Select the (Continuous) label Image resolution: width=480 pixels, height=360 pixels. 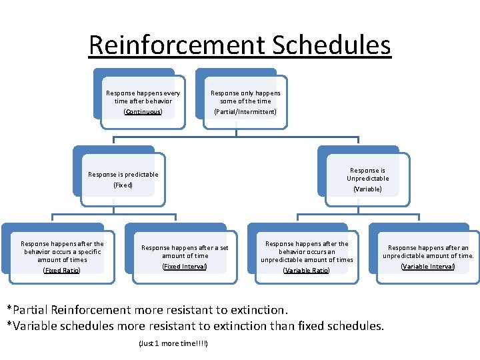tap(143, 111)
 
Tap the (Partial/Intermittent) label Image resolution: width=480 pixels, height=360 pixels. tap(245, 111)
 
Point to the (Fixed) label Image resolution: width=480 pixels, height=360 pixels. tap(123, 185)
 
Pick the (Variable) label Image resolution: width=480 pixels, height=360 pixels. tap(367, 189)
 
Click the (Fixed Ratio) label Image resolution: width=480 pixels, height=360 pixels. tap(61, 270)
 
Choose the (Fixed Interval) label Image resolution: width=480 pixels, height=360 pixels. tap(185, 266)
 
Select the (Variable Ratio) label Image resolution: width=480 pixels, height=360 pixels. tap(307, 270)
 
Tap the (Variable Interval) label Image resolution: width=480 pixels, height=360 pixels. tap(427, 266)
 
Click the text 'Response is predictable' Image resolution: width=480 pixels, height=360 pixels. tap(123, 174)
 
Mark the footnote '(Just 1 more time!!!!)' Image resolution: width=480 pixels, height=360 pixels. tap(173, 343)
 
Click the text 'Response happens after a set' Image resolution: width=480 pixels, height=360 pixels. tap(185, 247)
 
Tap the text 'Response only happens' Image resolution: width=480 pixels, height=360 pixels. tap(245, 93)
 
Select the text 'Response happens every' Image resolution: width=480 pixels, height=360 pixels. tap(143, 93)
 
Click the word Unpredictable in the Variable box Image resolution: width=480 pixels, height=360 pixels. tap(367, 178)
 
